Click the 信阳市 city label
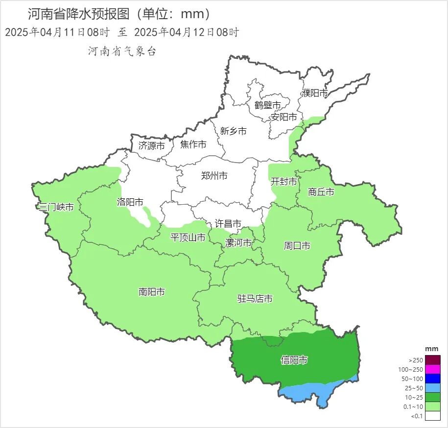294,360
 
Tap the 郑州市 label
214,176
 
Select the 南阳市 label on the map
152,292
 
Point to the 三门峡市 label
56,207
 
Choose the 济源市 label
152,145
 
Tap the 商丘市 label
321,192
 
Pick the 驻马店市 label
255,299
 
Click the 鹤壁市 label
267,105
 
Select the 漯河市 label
238,243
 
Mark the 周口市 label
297,246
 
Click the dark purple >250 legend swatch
433,359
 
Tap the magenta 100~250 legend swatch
433,369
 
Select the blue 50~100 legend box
433,378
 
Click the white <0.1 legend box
433,416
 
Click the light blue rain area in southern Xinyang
304,392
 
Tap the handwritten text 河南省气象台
122,51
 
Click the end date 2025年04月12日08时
186,33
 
